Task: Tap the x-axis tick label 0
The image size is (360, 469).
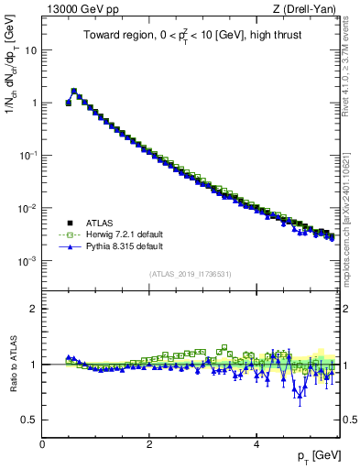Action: point(42,442)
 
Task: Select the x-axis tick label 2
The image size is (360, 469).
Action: point(149,442)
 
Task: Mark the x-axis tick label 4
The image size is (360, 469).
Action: point(256,442)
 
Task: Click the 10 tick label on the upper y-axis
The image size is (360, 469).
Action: point(31,50)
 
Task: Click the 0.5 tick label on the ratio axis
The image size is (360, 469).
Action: point(29,420)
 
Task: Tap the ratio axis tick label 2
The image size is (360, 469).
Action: point(34,309)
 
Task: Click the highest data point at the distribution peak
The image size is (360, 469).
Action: point(73,91)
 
